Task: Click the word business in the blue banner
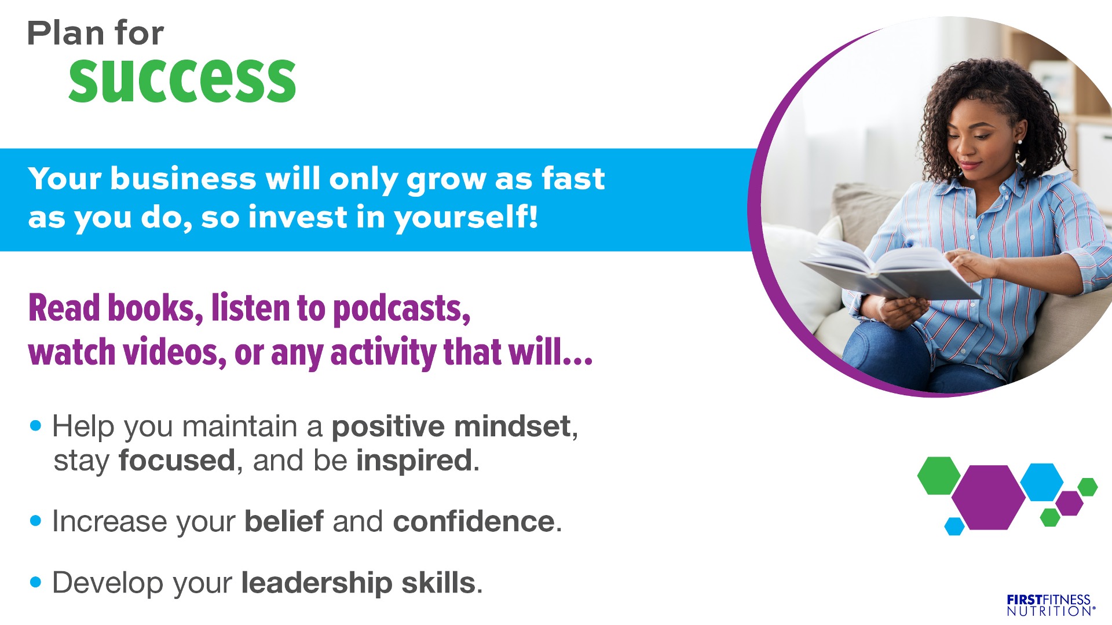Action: [183, 178]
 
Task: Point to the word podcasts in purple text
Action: [401, 308]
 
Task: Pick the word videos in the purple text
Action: [174, 352]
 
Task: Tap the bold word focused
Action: [177, 461]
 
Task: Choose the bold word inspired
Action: [415, 461]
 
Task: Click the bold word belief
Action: [284, 521]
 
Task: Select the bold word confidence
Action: [474, 521]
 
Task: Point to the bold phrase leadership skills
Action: [358, 583]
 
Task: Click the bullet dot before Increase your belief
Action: [36, 521]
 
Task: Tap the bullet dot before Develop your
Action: [36, 582]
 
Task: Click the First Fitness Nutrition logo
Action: [1051, 605]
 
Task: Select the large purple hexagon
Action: [988, 497]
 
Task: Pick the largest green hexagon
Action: [939, 476]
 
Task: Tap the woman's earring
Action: [1019, 141]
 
